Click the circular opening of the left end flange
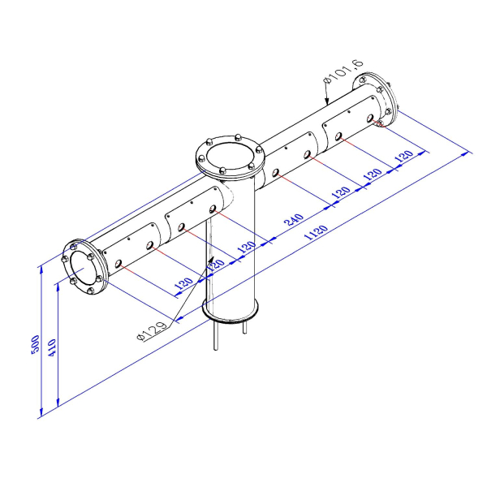pos(84,266)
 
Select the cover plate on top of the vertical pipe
pos(230,155)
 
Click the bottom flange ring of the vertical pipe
pos(231,311)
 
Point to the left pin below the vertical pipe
pos(215,336)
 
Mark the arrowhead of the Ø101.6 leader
pos(326,104)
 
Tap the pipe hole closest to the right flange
pos(378,124)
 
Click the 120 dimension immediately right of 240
pos(341,192)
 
